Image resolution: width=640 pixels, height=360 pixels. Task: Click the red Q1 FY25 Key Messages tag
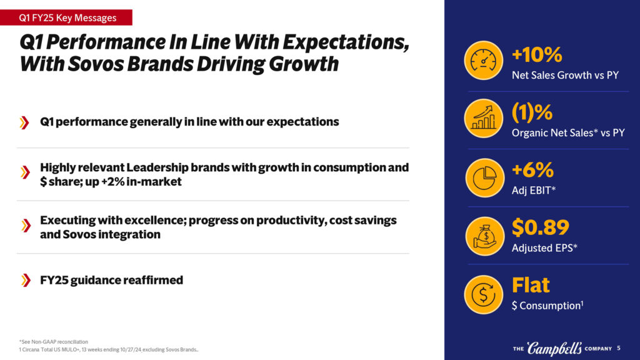tap(66, 17)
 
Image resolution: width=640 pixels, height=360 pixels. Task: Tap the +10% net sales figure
tap(537, 54)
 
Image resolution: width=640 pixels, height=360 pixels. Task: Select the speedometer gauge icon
tap(483, 61)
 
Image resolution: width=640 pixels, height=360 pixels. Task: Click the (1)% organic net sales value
tap(532, 112)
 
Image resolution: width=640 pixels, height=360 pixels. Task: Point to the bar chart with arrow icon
tap(483, 118)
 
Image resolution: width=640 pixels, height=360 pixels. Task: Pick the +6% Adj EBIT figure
tap(532, 170)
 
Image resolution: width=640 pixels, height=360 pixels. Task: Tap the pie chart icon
tap(484, 178)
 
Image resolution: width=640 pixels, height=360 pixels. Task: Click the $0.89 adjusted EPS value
tap(541, 227)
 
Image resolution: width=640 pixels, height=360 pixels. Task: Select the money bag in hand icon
tap(484, 236)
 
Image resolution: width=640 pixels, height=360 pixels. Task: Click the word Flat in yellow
tap(531, 285)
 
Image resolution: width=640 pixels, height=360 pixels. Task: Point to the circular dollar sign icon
tap(483, 294)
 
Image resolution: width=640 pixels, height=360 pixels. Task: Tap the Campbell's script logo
tap(554, 348)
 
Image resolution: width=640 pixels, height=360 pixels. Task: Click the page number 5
tap(619, 348)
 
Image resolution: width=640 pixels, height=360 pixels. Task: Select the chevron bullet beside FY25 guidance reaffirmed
tap(26, 281)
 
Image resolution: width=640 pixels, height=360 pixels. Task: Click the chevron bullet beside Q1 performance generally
tap(24, 122)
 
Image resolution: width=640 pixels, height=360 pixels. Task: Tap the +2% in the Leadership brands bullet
tap(112, 182)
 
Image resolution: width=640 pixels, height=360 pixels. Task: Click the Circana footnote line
tap(109, 350)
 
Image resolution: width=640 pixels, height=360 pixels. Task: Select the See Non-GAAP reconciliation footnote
tap(54, 342)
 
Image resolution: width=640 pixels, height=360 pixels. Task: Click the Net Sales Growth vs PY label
tap(565, 75)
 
